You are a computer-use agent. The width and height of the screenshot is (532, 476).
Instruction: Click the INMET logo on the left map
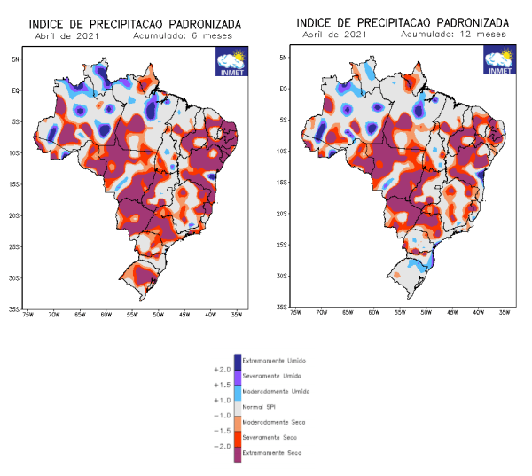point(232,64)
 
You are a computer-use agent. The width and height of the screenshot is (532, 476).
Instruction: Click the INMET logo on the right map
point(499,62)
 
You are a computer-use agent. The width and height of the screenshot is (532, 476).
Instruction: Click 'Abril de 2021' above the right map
point(332,35)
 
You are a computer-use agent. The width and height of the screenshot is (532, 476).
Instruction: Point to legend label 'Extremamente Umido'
point(274,361)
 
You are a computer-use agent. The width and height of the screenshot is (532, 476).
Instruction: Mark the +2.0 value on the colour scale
point(222,369)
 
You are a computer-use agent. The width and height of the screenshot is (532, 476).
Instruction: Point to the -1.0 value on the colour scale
point(222,415)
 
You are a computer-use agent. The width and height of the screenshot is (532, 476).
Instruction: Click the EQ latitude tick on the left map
point(15,90)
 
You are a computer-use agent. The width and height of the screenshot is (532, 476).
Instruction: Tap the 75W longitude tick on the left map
point(27,314)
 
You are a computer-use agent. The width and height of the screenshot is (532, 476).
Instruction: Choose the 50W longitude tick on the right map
point(426,312)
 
